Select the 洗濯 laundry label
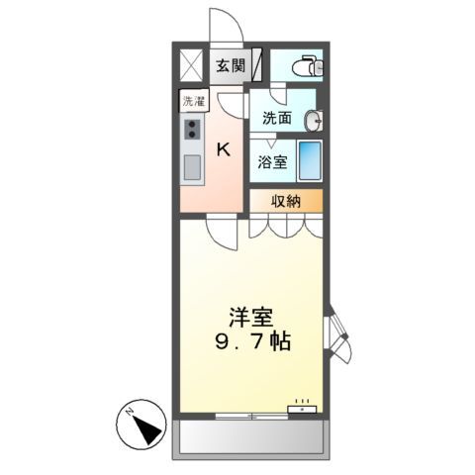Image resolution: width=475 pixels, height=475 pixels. point(191,101)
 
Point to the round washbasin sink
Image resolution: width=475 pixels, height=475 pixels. point(315,121)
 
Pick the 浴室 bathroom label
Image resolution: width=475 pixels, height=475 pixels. point(272,162)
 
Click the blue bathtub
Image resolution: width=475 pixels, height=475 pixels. point(309,159)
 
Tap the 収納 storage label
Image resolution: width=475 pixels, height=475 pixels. point(286,201)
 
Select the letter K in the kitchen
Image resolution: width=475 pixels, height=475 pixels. point(224,150)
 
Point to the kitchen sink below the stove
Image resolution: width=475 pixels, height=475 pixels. point(191,165)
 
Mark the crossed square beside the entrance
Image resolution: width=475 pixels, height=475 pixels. point(190,66)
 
